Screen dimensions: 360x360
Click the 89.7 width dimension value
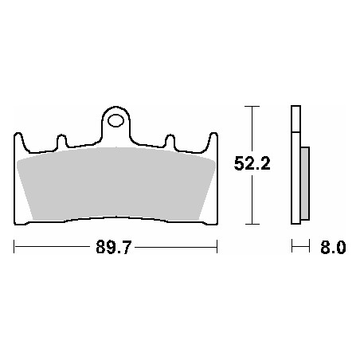(x=114, y=247)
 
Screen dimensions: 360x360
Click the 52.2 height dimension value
(x=252, y=163)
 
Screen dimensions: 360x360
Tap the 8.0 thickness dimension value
(x=333, y=248)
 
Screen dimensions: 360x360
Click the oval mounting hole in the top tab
(x=115, y=120)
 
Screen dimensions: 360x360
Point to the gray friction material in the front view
(x=115, y=184)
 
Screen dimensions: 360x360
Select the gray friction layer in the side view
(x=305, y=183)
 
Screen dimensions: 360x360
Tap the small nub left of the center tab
(x=62, y=141)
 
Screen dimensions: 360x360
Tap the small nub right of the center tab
(x=170, y=141)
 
